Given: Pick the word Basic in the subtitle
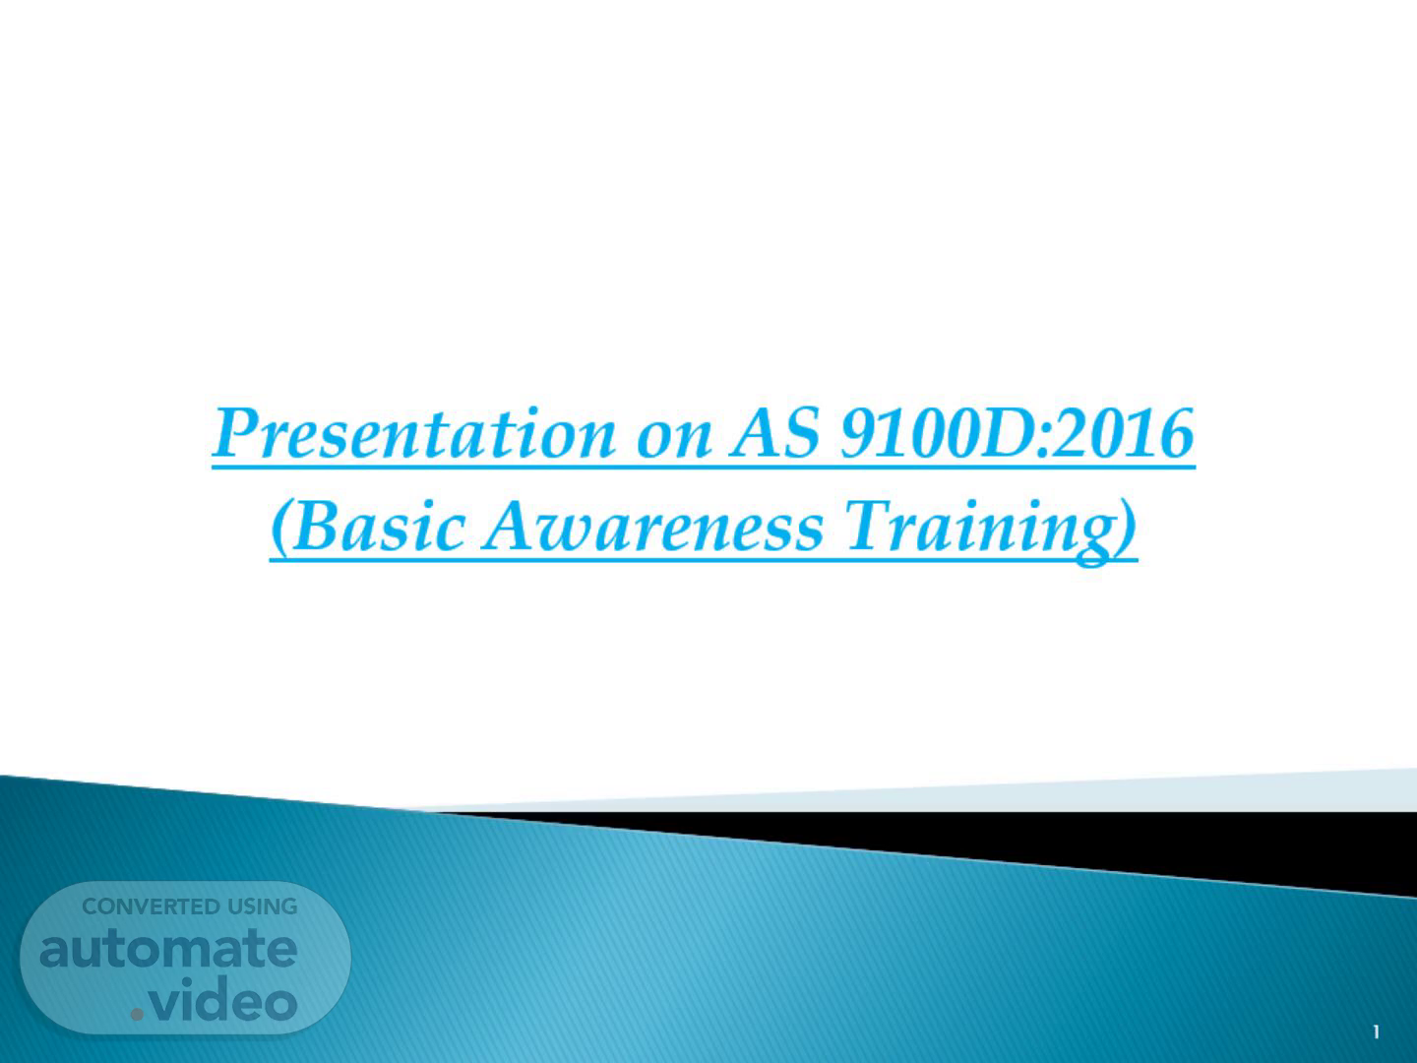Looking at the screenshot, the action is coord(378,526).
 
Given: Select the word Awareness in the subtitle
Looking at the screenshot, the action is coord(652,527).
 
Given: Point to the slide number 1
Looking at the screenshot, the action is coord(1376,1032).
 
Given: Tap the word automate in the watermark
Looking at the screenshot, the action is coord(168,949).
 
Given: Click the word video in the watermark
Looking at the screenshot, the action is coord(223,999).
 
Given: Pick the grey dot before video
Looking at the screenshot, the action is coord(137,1015).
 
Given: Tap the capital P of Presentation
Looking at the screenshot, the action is coord(241,432).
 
